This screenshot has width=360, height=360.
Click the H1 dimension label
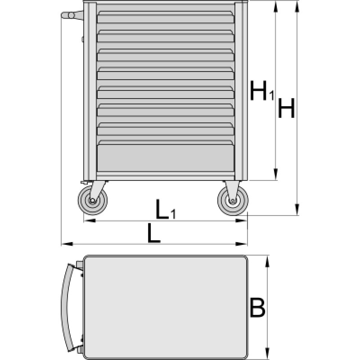pos(262,91)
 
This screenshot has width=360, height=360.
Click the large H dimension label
pos(286,108)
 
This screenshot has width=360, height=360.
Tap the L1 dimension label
pos(166,209)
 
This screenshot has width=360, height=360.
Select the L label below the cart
pos(153,233)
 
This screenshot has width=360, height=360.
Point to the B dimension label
pos(257,308)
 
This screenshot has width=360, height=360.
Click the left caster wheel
pos(93,200)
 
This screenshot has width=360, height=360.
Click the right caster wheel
pos(233,201)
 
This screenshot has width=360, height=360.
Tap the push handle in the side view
pos(72,15)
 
